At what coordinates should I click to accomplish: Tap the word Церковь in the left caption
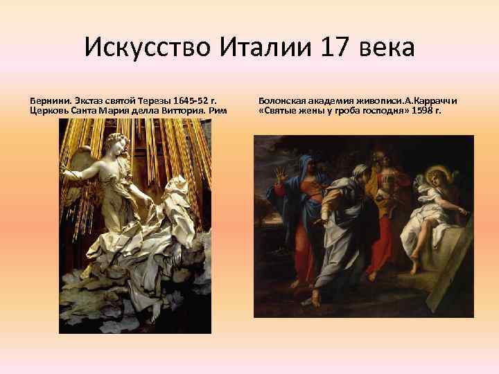click(x=49, y=110)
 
